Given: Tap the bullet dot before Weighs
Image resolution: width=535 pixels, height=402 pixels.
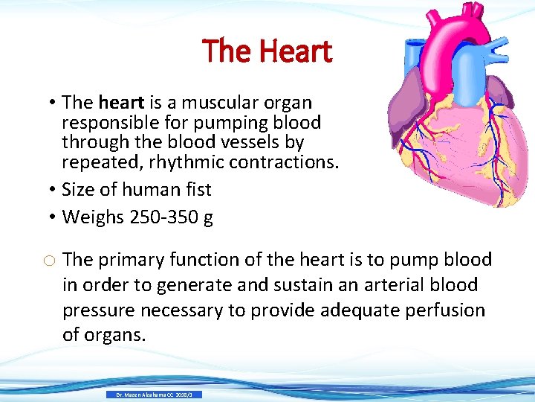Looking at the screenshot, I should [x=55, y=217].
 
